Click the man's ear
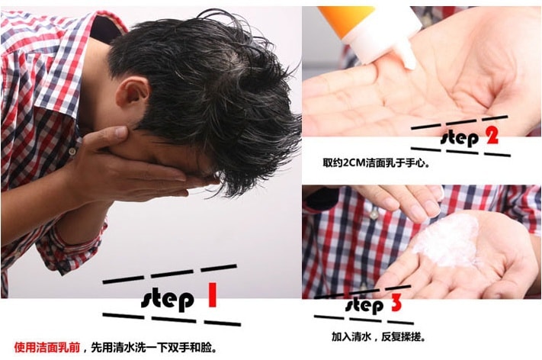click(133, 92)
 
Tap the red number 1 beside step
click(212, 295)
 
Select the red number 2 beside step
click(492, 136)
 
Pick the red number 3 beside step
click(396, 304)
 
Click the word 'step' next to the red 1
click(167, 300)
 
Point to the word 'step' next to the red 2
click(460, 139)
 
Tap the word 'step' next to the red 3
click(364, 306)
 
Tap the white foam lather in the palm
click(447, 241)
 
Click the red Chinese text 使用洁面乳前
click(47, 347)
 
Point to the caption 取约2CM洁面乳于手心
click(376, 162)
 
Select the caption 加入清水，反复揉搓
click(378, 336)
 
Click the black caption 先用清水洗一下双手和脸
click(154, 347)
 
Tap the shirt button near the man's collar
click(72, 152)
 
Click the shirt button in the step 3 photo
click(374, 215)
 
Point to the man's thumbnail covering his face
click(121, 132)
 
